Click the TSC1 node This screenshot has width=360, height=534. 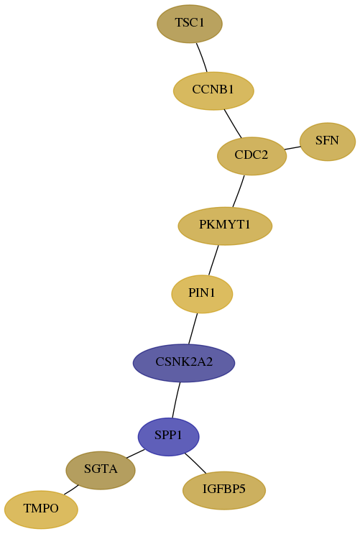pyautogui.click(x=190, y=24)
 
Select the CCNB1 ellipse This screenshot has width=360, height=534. pyautogui.click(x=213, y=91)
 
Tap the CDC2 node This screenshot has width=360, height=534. pyautogui.click(x=251, y=156)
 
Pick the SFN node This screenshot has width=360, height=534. pyautogui.click(x=327, y=142)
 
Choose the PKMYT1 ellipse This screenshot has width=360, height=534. pyautogui.click(x=225, y=226)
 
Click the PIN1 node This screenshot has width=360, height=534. pyautogui.click(x=202, y=294)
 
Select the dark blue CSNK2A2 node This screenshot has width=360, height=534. pyautogui.click(x=184, y=363)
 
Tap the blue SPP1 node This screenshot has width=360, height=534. pyautogui.click(x=168, y=436)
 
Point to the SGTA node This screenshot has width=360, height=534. pyautogui.click(x=101, y=470)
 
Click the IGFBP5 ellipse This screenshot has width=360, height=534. pyautogui.click(x=224, y=490)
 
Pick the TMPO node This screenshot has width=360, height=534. pyautogui.click(x=41, y=510)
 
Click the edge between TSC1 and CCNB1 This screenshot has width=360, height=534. pyautogui.click(x=202, y=57)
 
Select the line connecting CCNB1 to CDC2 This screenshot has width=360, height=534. pyautogui.click(x=233, y=124)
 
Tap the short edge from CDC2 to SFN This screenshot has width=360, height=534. pyautogui.click(x=292, y=148)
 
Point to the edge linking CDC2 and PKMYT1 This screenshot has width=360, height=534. pyautogui.click(x=239, y=191)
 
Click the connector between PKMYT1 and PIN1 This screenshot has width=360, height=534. pyautogui.click(x=213, y=260)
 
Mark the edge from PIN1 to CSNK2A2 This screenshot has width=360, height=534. pyautogui.click(x=193, y=328)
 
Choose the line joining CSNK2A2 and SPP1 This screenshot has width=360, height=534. pyautogui.click(x=176, y=400)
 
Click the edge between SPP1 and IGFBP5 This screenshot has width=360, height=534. pyautogui.click(x=195, y=463)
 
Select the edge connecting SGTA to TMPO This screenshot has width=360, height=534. pyautogui.click(x=71, y=489)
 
